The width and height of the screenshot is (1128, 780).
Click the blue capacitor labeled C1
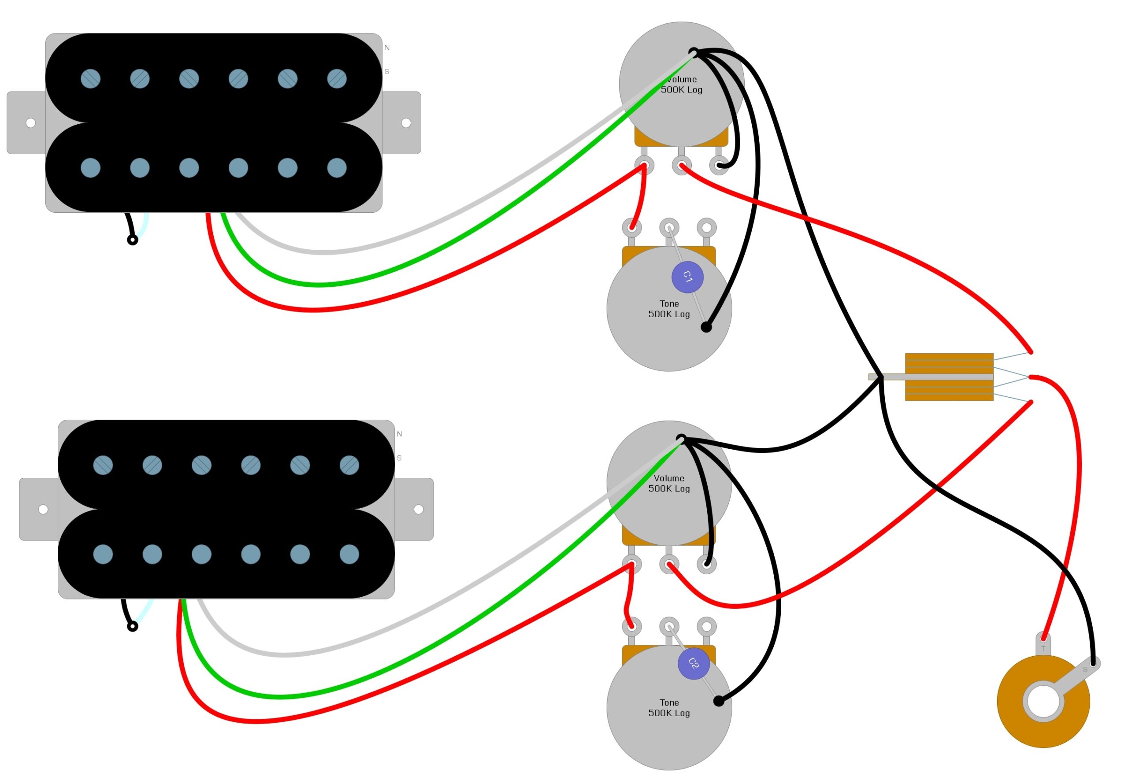687,277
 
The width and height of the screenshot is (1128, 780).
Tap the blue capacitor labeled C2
694,663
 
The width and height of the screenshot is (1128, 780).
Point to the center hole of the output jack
1043,701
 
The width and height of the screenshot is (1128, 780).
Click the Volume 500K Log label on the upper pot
681,84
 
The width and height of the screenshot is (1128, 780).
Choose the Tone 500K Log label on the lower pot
668,707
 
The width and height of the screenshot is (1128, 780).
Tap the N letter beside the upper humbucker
387,48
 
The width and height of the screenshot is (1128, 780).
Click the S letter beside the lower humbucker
399,458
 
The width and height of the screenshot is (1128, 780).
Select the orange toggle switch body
949,377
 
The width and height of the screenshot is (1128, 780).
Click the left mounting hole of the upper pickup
30,123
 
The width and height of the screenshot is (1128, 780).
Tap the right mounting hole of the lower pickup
419,509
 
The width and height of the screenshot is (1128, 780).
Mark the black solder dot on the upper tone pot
706,327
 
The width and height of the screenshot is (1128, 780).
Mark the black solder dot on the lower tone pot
718,701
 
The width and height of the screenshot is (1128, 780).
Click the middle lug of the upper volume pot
681,165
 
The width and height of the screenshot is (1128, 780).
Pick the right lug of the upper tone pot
706,227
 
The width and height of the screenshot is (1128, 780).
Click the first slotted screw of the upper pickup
90,79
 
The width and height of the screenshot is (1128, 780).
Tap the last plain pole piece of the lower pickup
349,554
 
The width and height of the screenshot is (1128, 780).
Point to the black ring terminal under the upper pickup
132,240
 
